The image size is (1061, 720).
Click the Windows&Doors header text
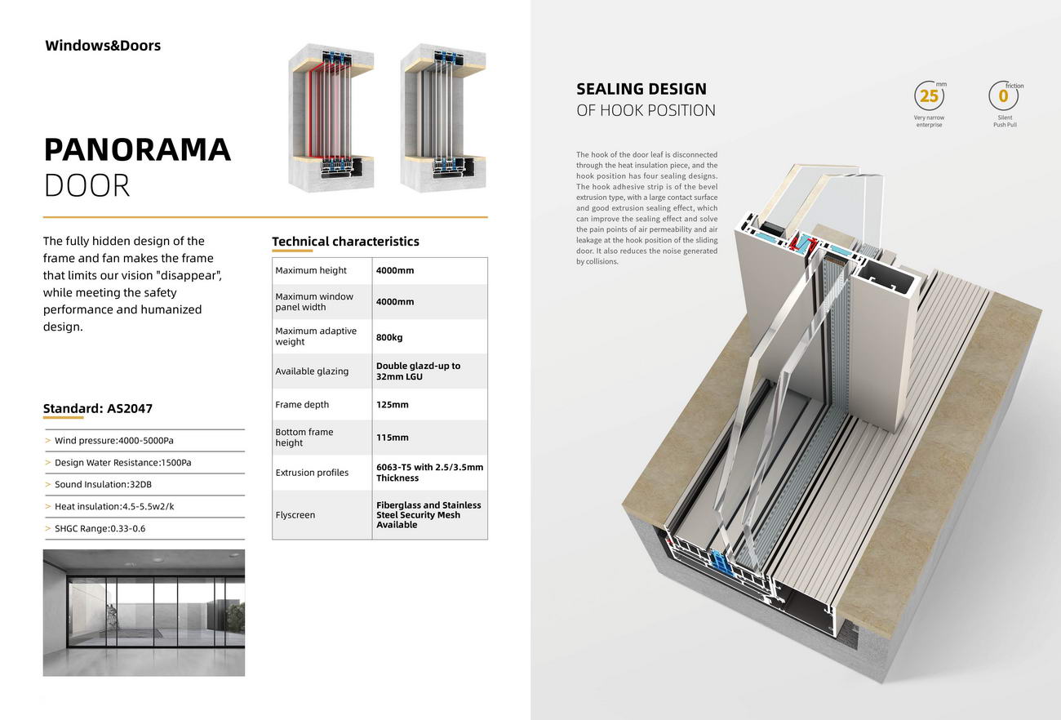pyautogui.click(x=103, y=46)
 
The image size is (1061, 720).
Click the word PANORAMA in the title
pyautogui.click(x=137, y=150)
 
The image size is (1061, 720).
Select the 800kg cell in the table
pyautogui.click(x=389, y=337)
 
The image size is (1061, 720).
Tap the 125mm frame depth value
pyautogui.click(x=393, y=405)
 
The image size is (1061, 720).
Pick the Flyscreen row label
pyautogui.click(x=295, y=515)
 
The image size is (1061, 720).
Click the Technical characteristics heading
pyautogui.click(x=345, y=242)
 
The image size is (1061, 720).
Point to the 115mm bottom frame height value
pyautogui.click(x=393, y=438)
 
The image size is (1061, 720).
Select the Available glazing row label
pyautogui.click(x=312, y=371)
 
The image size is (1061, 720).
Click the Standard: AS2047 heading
pyautogui.click(x=98, y=409)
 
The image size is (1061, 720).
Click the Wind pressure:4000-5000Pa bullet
pyautogui.click(x=113, y=441)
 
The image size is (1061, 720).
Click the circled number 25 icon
pyautogui.click(x=929, y=96)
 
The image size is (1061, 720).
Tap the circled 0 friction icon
pyautogui.click(x=1003, y=96)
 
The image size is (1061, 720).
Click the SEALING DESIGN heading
pyautogui.click(x=641, y=89)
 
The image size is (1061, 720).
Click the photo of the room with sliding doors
pyautogui.click(x=144, y=612)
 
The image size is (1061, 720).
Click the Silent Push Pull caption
pyautogui.click(x=1005, y=121)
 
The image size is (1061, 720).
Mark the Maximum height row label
pyautogui.click(x=311, y=270)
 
